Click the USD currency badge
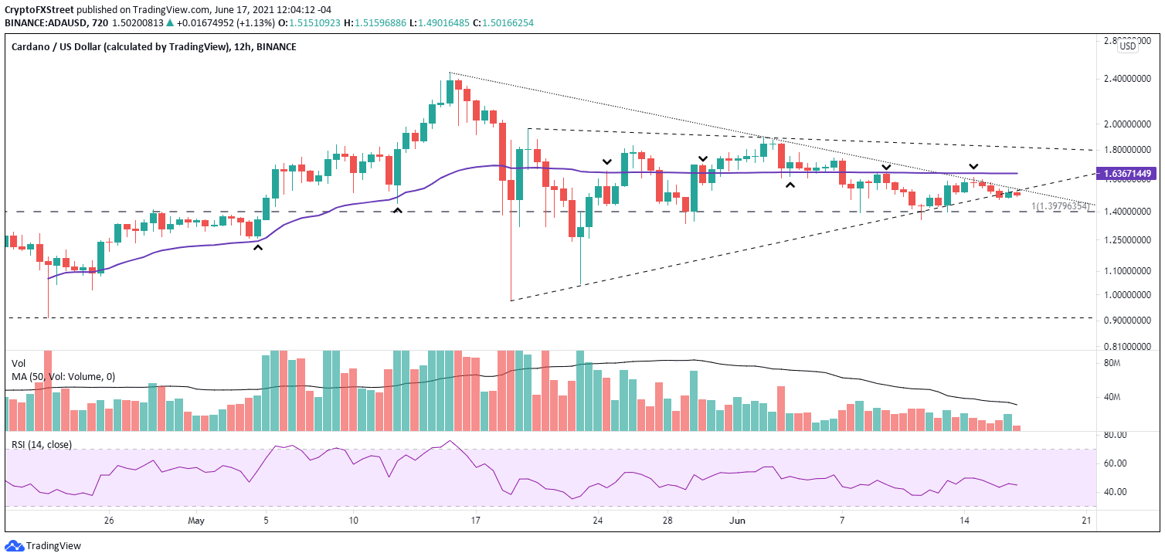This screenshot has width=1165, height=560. pos(1128,46)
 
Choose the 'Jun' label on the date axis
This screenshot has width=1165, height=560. pos(737,521)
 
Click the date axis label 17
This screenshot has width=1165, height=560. pos(476,521)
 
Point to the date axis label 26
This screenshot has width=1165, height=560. pos(109,521)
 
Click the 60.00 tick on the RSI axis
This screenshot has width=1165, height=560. pos(1116,463)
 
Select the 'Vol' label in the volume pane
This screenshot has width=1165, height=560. pos(19,362)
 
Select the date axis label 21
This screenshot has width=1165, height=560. pos(1085,521)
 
